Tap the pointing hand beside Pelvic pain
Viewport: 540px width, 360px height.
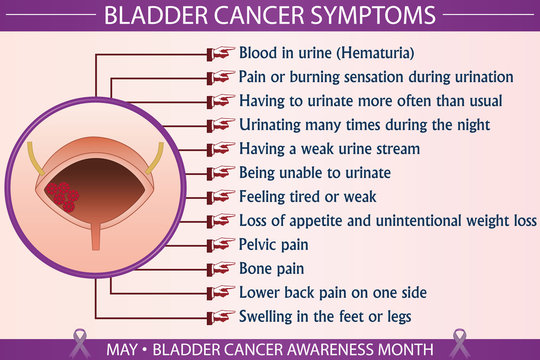(x=221, y=245)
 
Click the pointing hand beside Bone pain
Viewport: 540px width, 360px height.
(x=221, y=269)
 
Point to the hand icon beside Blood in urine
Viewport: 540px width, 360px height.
(x=221, y=53)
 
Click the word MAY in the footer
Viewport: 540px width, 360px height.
(x=125, y=348)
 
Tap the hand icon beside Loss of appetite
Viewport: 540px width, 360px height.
(x=221, y=221)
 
